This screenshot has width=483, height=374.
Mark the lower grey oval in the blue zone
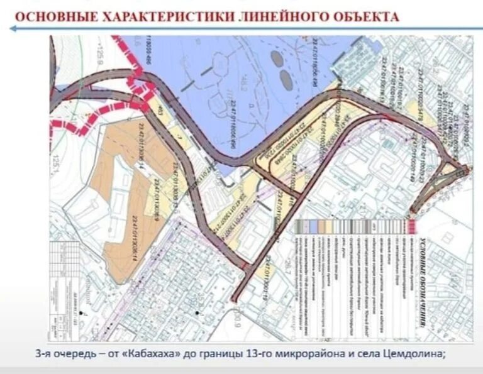click(286, 80)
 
